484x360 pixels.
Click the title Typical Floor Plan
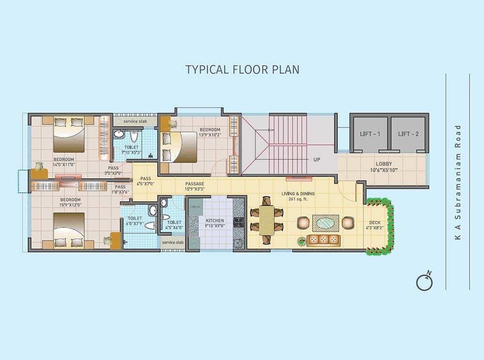242,69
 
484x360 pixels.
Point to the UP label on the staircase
317,159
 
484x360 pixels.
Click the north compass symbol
424,282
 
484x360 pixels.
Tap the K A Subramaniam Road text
458,182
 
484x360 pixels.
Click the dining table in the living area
266,220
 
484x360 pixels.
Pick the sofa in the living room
323,240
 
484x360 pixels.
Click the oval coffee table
325,223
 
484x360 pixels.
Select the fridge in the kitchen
195,207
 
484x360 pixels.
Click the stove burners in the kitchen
239,222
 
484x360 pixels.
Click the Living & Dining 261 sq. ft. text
298,196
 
